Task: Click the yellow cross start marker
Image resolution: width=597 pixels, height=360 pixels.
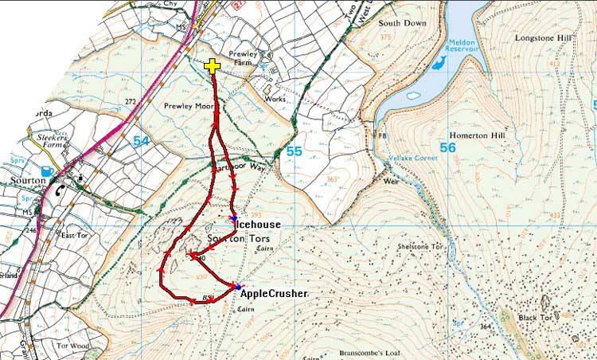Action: point(213,67)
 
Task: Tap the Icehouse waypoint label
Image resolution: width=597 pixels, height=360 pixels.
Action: point(259,225)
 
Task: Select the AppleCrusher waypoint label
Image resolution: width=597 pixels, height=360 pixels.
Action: point(273,293)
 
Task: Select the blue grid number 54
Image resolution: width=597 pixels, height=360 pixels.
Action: point(142,141)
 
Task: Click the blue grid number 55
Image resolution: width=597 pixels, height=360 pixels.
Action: point(294,151)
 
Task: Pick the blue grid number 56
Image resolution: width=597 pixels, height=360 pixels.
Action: point(447,147)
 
